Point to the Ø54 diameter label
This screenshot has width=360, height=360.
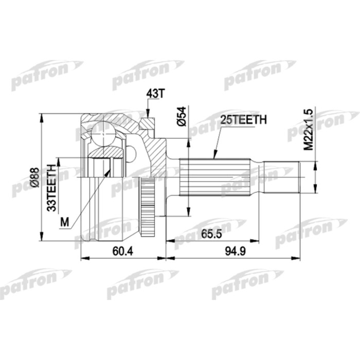pyautogui.click(x=181, y=118)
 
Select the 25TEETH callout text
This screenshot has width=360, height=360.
pyautogui.click(x=243, y=120)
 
